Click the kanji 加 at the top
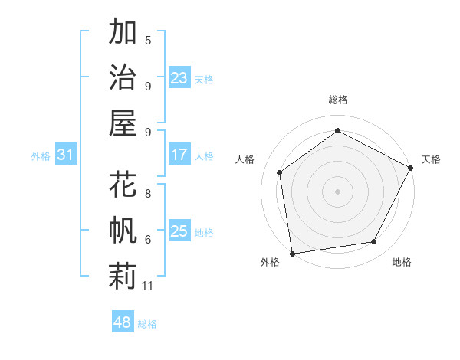tap(123, 34)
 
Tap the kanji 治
tap(123, 77)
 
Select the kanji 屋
tap(123, 122)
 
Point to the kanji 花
tap(123, 186)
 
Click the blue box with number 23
tap(179, 78)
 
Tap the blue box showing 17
tap(179, 155)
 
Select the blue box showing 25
tap(179, 231)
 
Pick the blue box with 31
tap(65, 155)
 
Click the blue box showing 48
tap(122, 322)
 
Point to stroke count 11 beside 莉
tap(148, 286)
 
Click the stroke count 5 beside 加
tap(148, 40)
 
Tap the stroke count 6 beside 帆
tap(148, 239)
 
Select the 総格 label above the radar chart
tap(337, 100)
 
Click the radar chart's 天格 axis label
tap(431, 159)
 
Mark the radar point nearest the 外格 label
tap(292, 253)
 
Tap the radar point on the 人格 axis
tap(280, 172)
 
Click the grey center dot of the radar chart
tap(337, 191)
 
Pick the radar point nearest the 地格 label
tap(374, 242)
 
